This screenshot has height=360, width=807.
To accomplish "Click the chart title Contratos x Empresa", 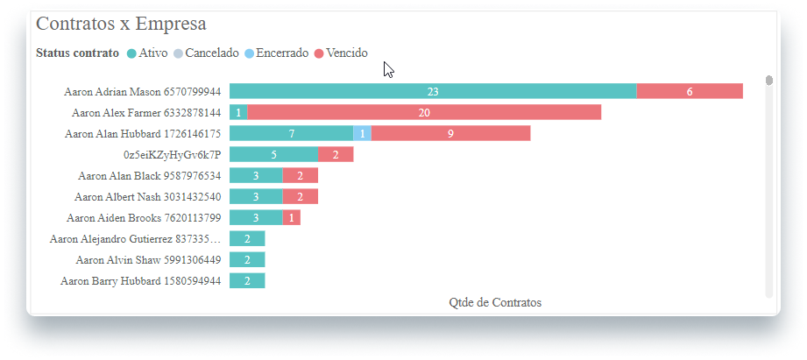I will click(121, 25).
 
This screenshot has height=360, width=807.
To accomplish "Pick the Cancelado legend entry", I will click(207, 53).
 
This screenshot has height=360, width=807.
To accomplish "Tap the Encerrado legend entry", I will click(276, 53).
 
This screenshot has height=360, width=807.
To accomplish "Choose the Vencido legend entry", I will click(341, 53).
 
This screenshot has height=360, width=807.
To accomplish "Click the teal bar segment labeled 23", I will click(433, 91).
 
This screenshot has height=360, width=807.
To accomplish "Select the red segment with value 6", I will click(690, 91).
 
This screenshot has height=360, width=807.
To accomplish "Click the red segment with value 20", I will click(424, 112).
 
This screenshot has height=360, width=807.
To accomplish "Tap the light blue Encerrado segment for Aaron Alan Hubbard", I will click(362, 133).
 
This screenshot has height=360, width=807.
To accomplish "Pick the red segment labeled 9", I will click(450, 133).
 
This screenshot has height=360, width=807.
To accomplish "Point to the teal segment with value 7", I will click(291, 133).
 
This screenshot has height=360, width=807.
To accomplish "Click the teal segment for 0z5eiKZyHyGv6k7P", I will click(273, 154).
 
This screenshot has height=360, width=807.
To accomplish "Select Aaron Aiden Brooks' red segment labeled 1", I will click(292, 217).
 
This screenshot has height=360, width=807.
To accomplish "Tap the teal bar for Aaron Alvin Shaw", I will click(247, 259).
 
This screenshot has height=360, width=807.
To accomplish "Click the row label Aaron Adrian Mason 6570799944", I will click(143, 91).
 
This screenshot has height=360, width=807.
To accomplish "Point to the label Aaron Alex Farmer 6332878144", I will click(146, 112).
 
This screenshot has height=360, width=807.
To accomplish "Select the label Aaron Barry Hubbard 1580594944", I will click(140, 281).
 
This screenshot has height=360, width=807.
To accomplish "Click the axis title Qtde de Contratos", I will click(495, 302).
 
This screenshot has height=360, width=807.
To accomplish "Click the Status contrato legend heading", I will click(77, 53).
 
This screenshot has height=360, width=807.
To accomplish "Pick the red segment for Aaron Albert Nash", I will click(300, 196).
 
